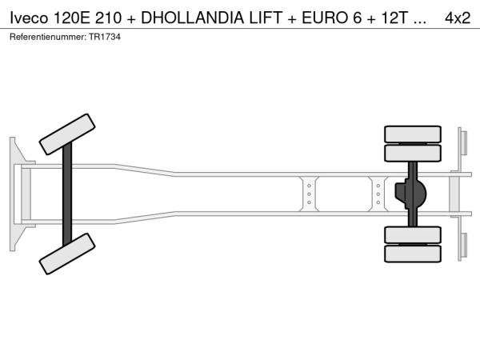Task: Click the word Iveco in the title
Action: pyautogui.click(x=29, y=18)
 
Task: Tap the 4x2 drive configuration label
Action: pyautogui.click(x=458, y=18)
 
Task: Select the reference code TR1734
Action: pyautogui.click(x=105, y=37)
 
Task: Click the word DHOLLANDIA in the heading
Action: pyautogui.click(x=192, y=18)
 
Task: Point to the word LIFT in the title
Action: pyautogui.click(x=266, y=18)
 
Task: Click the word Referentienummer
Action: pyautogui.click(x=48, y=37)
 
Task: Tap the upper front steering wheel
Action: pyautogui.click(x=67, y=134)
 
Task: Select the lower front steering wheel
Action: pyautogui.click(x=67, y=254)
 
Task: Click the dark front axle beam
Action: pyautogui.click(x=67, y=194)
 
